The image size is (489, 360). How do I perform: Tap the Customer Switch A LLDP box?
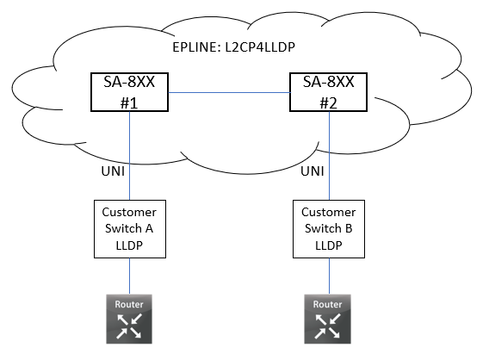tap(129, 228)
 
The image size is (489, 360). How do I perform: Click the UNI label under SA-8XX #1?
tap(113, 172)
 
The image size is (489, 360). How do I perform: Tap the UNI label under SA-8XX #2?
tap(312, 172)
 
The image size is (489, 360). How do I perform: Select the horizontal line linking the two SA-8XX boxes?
tap(228, 91)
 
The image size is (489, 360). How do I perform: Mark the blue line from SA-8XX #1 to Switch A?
tap(129, 155)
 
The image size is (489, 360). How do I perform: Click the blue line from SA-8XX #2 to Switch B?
tap(327, 155)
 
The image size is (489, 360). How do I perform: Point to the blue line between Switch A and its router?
tap(129, 276)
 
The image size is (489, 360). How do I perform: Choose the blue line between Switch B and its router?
tap(327, 276)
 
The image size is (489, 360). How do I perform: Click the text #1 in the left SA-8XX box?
tap(129, 102)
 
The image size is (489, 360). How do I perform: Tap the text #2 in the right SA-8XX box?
tap(327, 102)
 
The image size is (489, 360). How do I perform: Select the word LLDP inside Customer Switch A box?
tap(129, 244)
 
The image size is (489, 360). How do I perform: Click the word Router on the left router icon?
tap(129, 304)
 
